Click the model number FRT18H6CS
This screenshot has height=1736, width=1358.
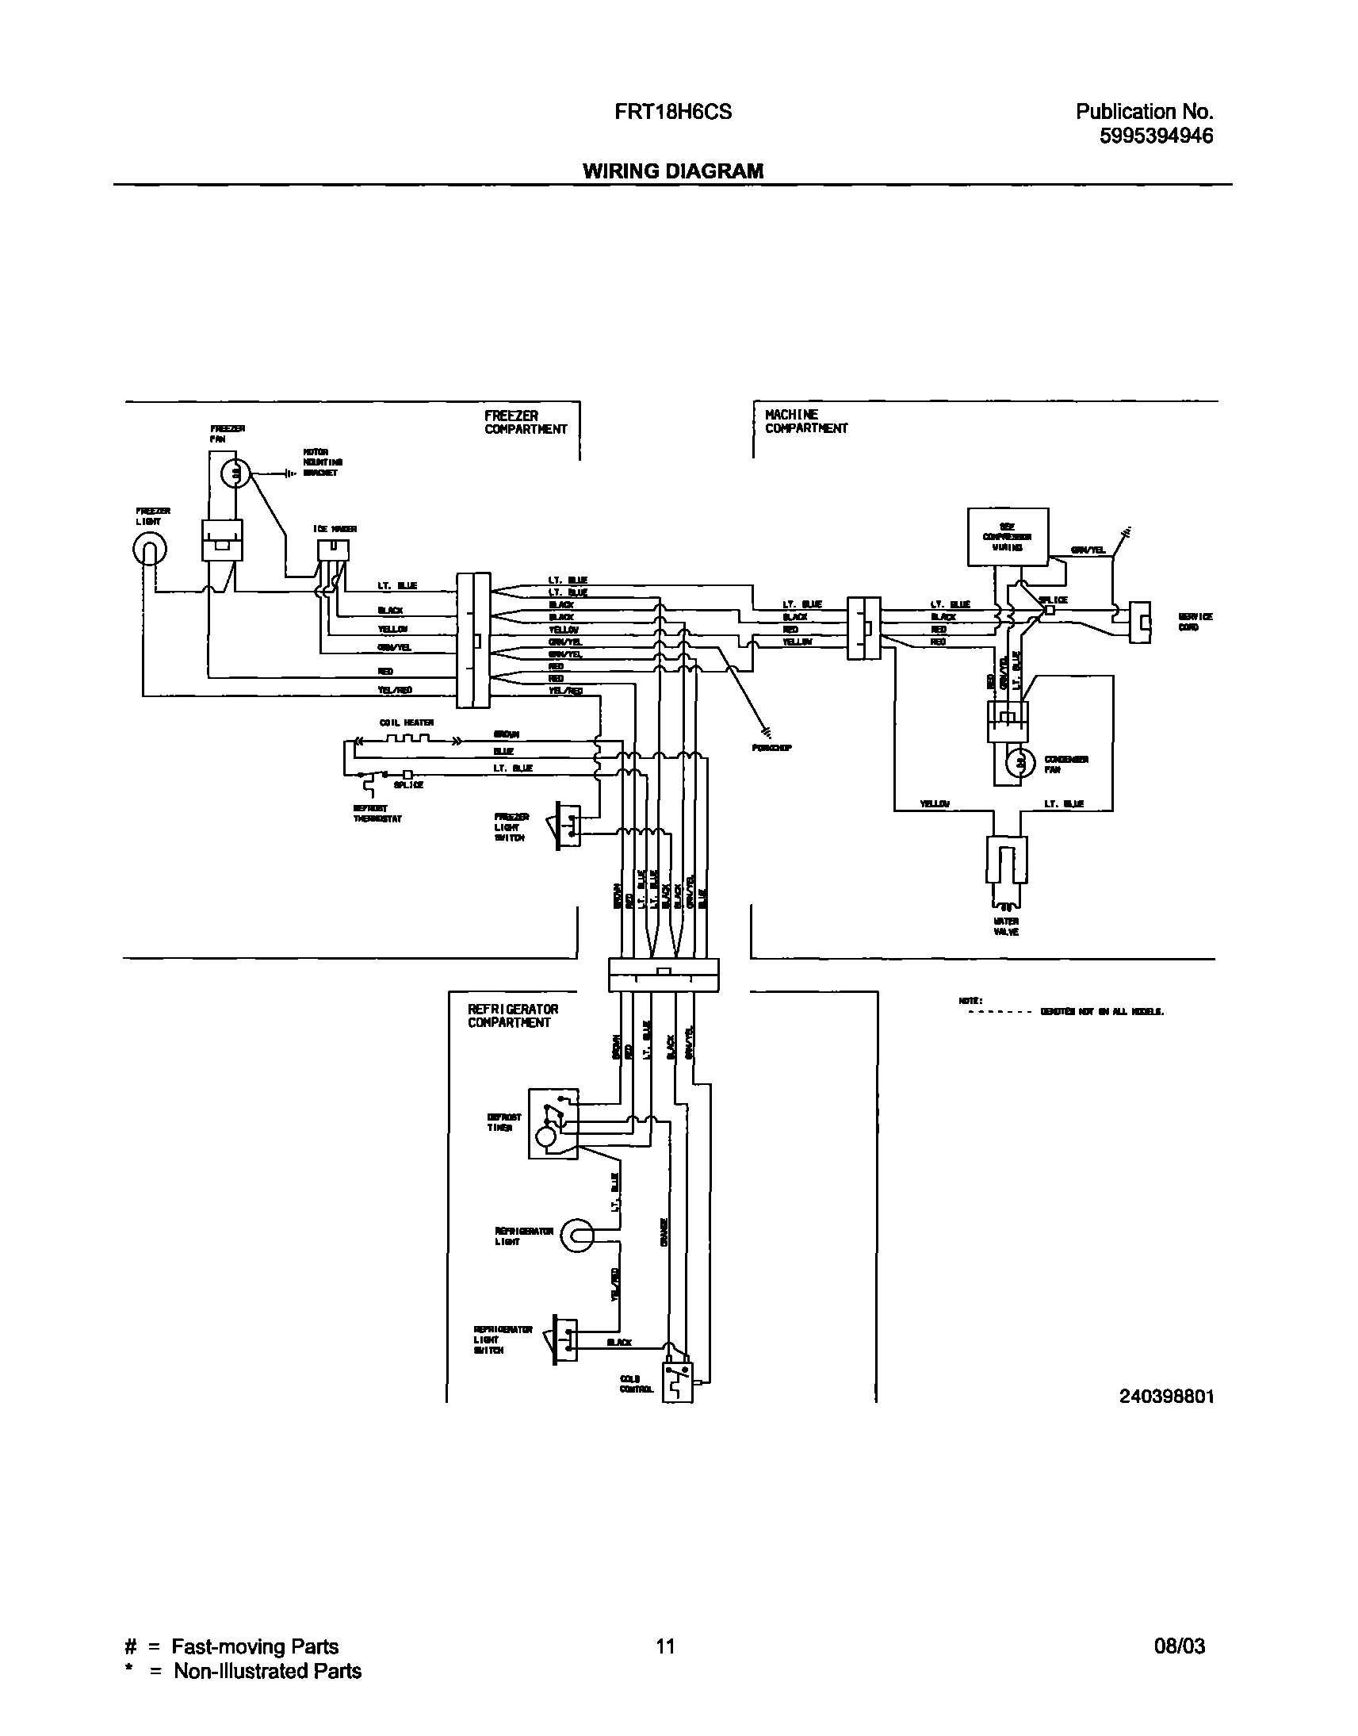(672, 112)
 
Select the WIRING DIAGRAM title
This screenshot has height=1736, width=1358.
(672, 171)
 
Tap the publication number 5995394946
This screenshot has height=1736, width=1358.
(1156, 136)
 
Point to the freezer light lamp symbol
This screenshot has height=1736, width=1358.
(150, 549)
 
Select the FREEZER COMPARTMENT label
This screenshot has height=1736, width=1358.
(526, 422)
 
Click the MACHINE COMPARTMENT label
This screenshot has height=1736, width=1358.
(805, 421)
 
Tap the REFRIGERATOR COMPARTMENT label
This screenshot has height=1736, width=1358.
(513, 1016)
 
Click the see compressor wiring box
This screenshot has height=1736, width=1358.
(1008, 537)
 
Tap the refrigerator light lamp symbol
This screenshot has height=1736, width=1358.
(577, 1235)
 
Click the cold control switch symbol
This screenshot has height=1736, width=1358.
(676, 1382)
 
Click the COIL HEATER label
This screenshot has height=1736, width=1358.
(406, 722)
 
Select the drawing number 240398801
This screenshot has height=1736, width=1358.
(1166, 1397)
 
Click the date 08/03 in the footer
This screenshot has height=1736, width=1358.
(1179, 1646)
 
